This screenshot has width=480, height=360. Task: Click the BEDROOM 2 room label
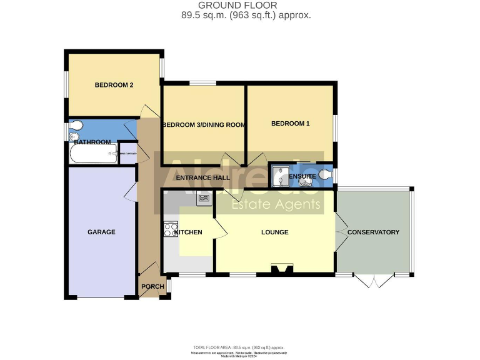[x=114, y=86]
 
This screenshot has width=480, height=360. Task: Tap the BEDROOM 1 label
[x=290, y=124]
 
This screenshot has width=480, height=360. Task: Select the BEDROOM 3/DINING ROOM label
[x=204, y=125]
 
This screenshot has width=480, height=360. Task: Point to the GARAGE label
[x=101, y=232]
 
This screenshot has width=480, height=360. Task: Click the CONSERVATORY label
[x=373, y=232]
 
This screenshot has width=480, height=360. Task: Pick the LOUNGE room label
[x=274, y=232]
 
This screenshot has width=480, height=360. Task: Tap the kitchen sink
[x=204, y=199]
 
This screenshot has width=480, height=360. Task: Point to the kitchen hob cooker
[x=171, y=229]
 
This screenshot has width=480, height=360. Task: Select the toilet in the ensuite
[x=324, y=174]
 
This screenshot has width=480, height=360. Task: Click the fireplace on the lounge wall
[x=282, y=270]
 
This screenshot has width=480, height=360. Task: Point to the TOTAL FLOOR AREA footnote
[x=239, y=347]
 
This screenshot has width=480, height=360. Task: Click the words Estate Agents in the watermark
[x=276, y=204]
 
